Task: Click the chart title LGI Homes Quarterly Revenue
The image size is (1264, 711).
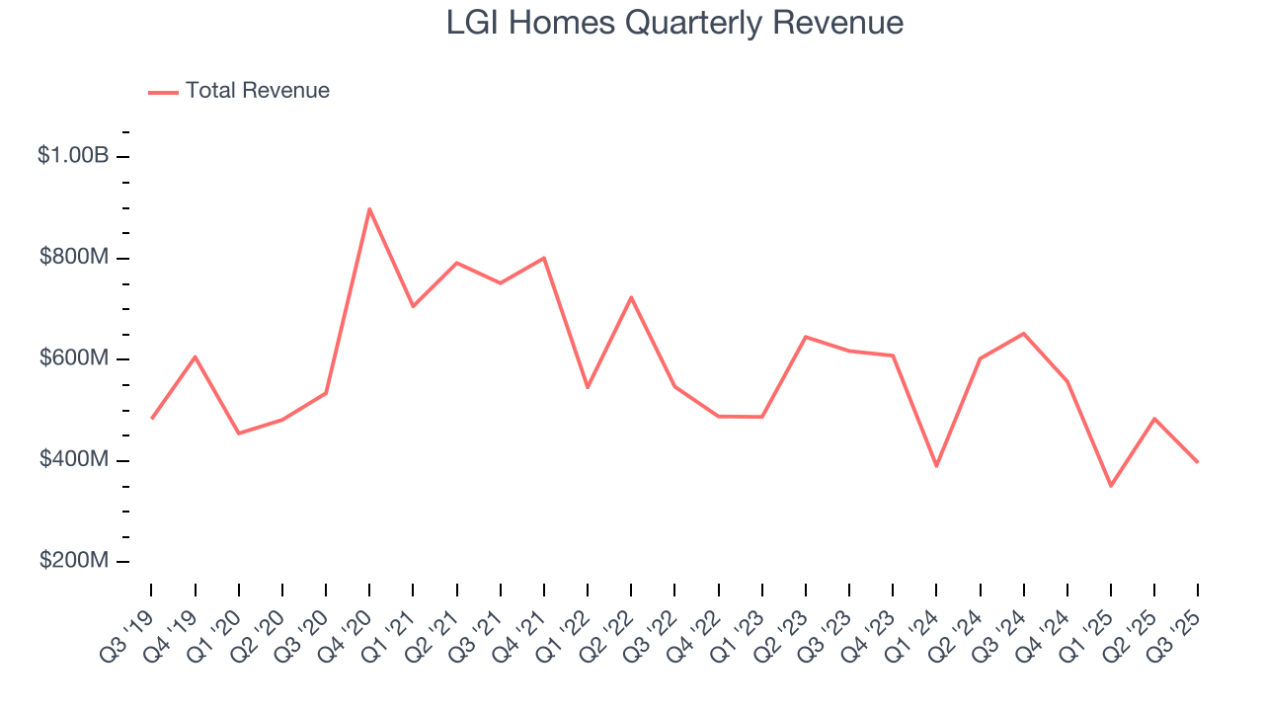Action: click(674, 23)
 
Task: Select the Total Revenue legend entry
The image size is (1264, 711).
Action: click(239, 91)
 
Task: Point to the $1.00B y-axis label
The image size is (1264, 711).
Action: click(72, 156)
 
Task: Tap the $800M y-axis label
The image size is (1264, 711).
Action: click(73, 258)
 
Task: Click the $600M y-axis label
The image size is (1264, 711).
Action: click(73, 358)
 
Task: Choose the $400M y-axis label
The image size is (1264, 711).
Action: click(73, 460)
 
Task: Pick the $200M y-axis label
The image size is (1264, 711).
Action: click(73, 561)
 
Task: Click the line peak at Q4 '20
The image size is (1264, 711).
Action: click(369, 209)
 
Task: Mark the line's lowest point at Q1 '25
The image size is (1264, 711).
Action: click(1111, 486)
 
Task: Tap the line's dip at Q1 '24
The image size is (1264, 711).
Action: click(936, 466)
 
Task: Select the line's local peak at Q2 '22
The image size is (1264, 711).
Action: click(631, 297)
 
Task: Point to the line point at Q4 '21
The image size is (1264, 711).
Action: click(544, 258)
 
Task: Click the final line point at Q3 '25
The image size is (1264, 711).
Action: click(1198, 462)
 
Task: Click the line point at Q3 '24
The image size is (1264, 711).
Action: click(1023, 334)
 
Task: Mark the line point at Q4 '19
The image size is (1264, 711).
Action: click(196, 356)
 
